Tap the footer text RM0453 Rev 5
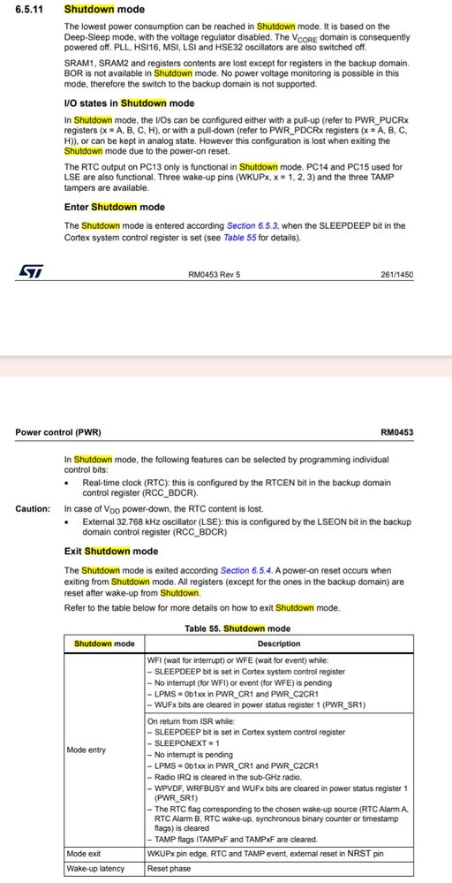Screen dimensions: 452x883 pyautogui.click(x=214, y=275)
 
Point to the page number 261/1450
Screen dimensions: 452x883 pyautogui.click(x=396, y=275)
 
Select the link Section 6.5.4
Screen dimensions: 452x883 pyautogui.click(x=246, y=570)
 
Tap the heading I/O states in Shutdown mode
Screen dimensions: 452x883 pyautogui.click(x=130, y=103)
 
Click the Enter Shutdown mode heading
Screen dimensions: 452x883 pyautogui.click(x=115, y=208)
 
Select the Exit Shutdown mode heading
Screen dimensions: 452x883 pyautogui.click(x=111, y=552)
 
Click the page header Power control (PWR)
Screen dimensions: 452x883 pyautogui.click(x=58, y=432)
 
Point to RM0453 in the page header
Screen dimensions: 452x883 pyautogui.click(x=396, y=432)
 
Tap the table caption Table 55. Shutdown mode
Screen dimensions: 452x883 pyautogui.click(x=237, y=628)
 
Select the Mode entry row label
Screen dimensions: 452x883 pyautogui.click(x=86, y=750)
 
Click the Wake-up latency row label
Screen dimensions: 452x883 pyautogui.click(x=96, y=869)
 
